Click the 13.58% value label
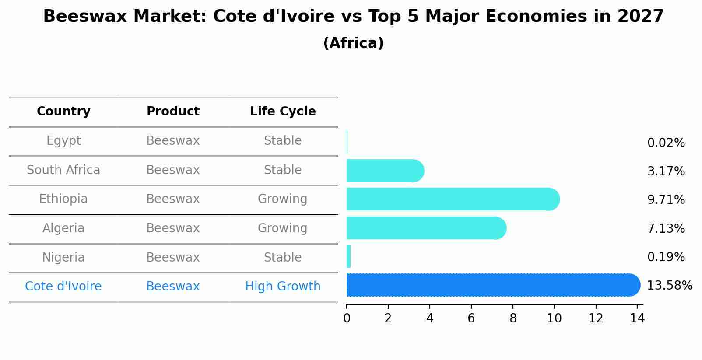(669, 286)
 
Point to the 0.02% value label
(666, 143)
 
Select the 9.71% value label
(666, 200)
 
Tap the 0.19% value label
(666, 257)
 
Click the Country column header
(63, 112)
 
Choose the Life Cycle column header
(283, 112)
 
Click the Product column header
(173, 112)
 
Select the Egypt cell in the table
(63, 141)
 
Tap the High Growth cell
(283, 287)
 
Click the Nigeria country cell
(63, 258)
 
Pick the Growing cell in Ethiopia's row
(283, 199)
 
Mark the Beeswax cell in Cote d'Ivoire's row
(173, 287)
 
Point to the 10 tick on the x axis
(554, 318)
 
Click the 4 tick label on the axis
(430, 318)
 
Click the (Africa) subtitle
(353, 43)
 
